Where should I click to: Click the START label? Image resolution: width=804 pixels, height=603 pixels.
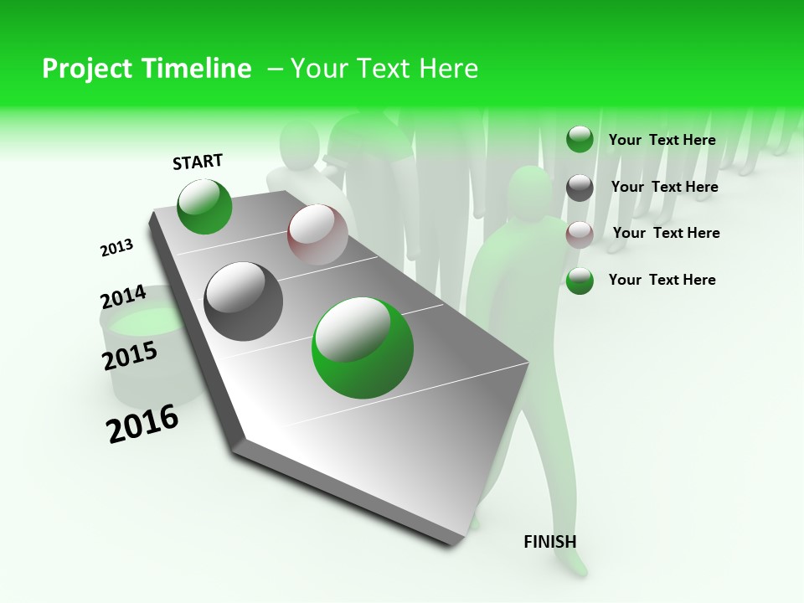(x=198, y=162)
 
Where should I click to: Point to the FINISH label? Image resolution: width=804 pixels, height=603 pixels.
(x=550, y=542)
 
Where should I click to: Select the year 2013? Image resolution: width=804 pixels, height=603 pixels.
(x=116, y=248)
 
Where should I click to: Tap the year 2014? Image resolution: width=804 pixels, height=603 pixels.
(x=123, y=297)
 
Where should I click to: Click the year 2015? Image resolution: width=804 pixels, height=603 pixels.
(x=130, y=356)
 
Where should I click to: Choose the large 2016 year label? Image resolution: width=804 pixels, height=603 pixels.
(x=142, y=424)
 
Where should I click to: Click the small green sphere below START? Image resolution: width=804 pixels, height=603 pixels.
(x=204, y=207)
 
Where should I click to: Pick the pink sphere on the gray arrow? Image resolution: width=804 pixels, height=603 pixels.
(x=317, y=234)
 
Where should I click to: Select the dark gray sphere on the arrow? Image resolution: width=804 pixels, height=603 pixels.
(x=244, y=301)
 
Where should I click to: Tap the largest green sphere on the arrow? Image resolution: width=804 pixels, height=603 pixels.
(x=363, y=348)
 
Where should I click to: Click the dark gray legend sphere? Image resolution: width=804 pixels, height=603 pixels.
(x=580, y=188)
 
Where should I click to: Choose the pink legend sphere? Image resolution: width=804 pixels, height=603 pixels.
(x=580, y=234)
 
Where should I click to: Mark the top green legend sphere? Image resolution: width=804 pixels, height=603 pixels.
(x=580, y=139)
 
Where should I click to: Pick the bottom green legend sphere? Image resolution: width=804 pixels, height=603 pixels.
(x=580, y=281)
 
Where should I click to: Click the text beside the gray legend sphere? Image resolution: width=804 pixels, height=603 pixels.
(x=664, y=187)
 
